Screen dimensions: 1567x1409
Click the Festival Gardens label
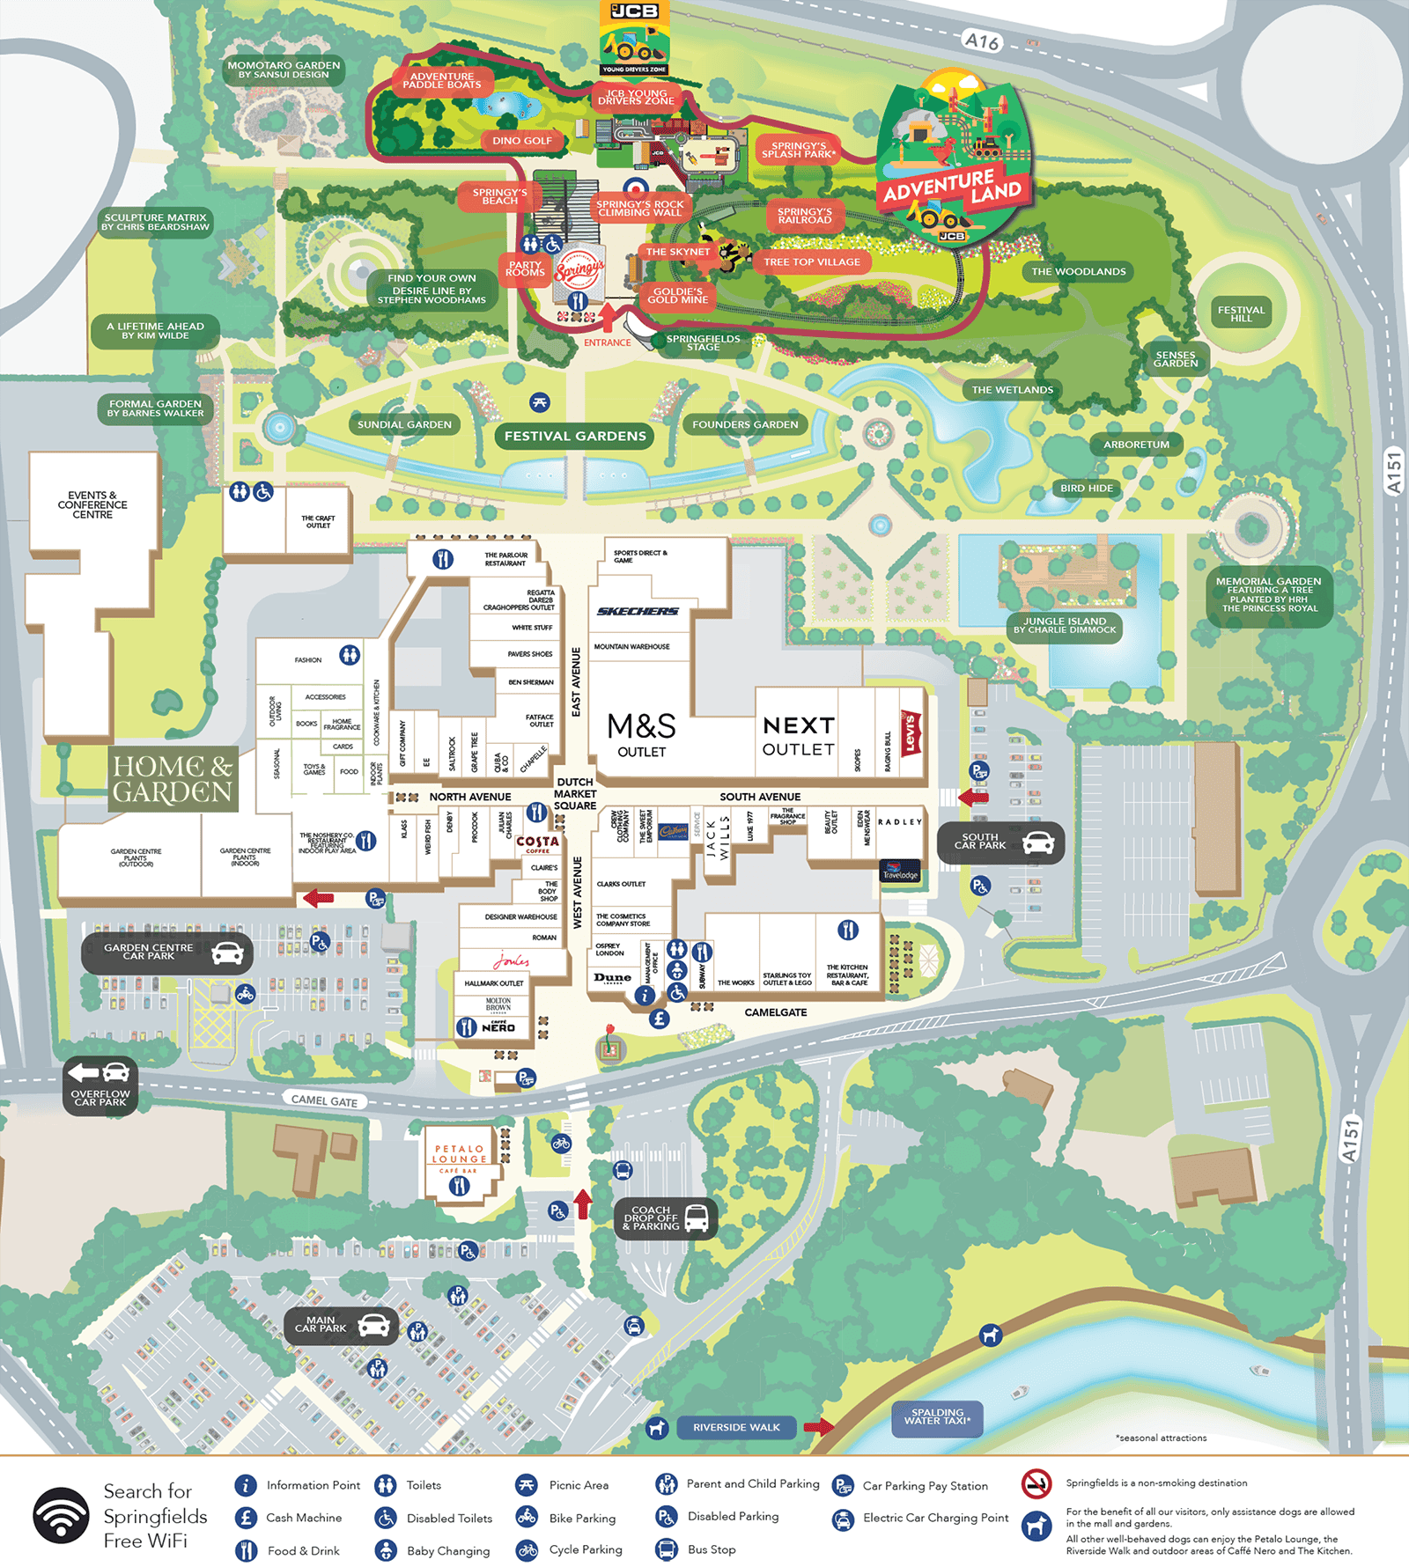575,436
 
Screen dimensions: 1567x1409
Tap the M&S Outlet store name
642,734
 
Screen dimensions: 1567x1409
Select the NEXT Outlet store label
798,736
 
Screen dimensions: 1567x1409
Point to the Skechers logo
638,611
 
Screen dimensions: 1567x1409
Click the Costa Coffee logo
538,843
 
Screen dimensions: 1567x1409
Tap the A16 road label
981,41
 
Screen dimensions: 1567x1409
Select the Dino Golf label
522,140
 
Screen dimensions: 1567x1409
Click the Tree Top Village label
811,261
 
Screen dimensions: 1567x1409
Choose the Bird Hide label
1087,488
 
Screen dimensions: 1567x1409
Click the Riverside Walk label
736,1427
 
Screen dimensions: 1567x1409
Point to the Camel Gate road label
324,1100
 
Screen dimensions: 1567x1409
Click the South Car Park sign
1000,842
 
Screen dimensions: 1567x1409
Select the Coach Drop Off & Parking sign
666,1218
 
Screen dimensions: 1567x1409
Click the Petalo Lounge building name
459,1153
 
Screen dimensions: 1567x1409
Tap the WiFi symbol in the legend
61,1515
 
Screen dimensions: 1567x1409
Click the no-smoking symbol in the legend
1036,1483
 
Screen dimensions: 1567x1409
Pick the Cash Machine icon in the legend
246,1517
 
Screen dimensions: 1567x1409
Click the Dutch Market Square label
575,793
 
